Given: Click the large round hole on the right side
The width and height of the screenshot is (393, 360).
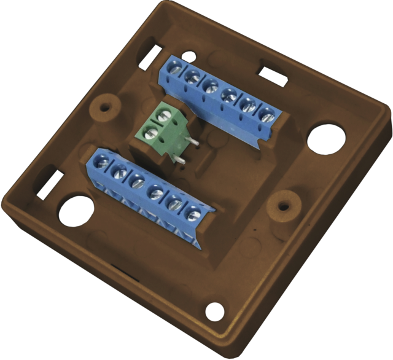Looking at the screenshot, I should (324, 139).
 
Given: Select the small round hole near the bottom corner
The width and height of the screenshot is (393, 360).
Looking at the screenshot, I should (214, 311).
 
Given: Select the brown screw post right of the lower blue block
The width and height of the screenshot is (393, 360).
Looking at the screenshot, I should (283, 200).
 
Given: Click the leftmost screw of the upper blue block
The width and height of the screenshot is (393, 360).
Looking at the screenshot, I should (174, 71).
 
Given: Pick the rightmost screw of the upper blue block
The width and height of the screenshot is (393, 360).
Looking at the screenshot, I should (267, 114).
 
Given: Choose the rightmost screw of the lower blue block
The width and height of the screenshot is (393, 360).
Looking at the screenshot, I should (193, 214).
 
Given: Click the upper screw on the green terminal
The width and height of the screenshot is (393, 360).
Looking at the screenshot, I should (163, 114).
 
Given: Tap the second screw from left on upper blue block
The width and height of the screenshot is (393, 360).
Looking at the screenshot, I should (192, 77).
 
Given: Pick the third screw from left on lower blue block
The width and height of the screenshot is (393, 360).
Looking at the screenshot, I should (138, 182).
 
